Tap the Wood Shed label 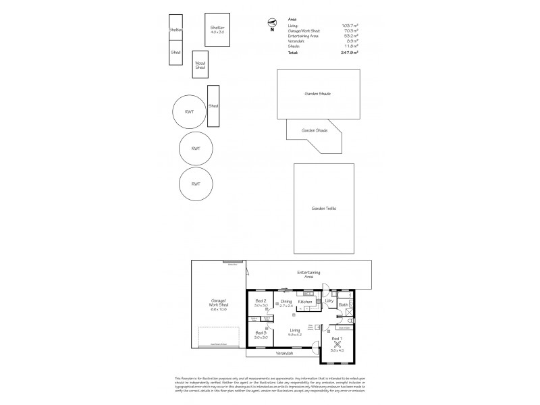pos(200,65)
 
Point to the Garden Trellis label pos(325,208)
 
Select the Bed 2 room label pos(261,301)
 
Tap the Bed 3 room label pos(261,332)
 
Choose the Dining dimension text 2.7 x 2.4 pos(286,306)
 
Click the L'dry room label pos(329,301)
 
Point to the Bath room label pos(343,305)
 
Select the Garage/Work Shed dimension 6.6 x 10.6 pos(217,309)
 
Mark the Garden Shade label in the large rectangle pos(321,94)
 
